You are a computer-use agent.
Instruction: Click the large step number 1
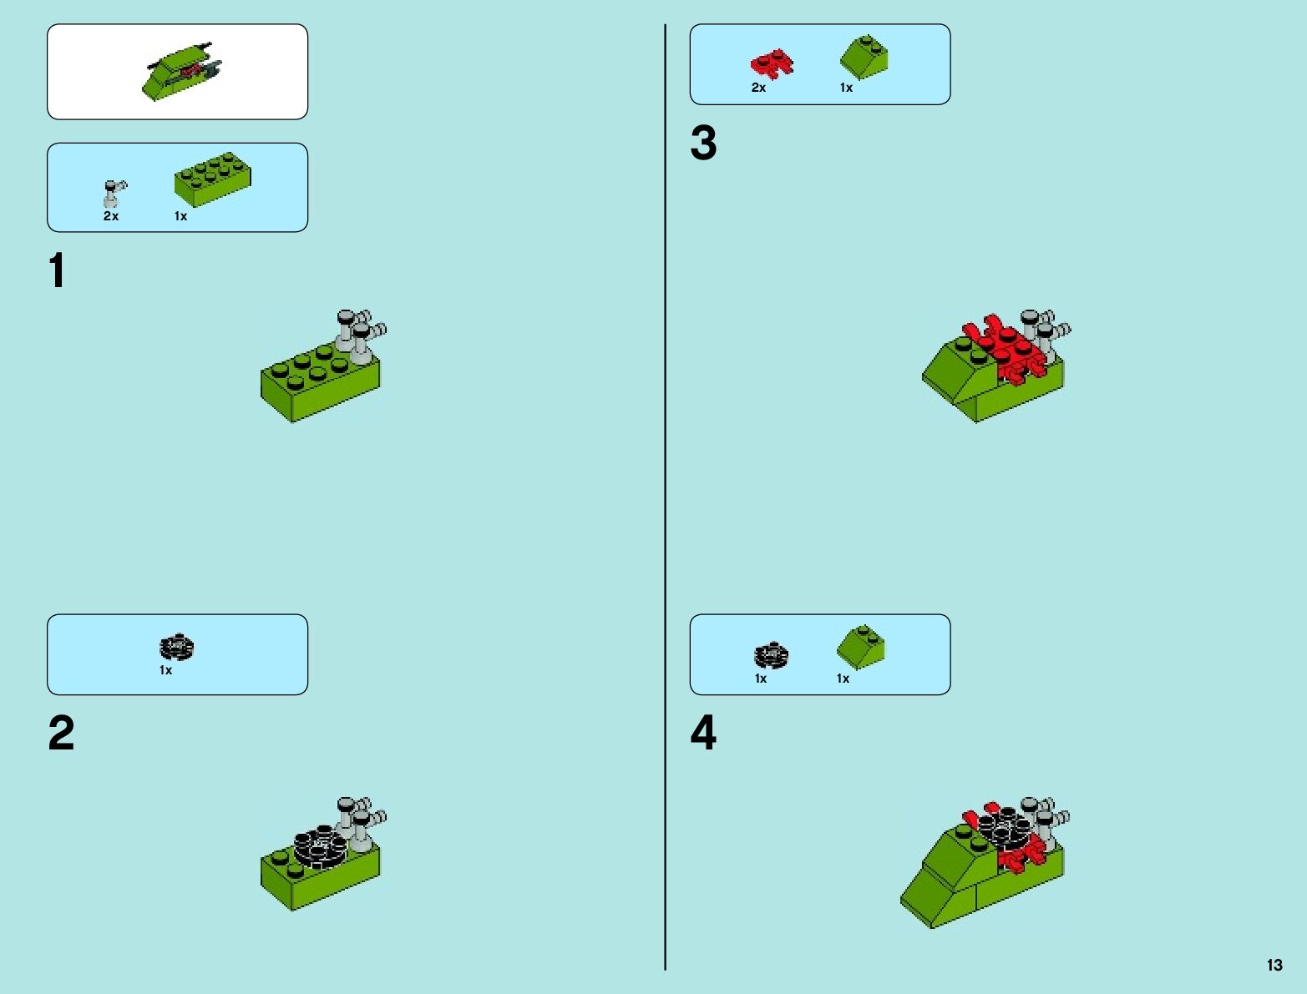(57, 270)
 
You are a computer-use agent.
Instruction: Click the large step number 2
(61, 732)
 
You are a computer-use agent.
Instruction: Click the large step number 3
(703, 143)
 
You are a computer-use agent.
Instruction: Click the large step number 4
(703, 732)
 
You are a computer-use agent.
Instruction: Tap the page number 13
(1274, 965)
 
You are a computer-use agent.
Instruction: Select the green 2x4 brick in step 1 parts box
(213, 179)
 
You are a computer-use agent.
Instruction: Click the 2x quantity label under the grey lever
(111, 216)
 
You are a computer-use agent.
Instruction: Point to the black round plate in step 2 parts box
(177, 647)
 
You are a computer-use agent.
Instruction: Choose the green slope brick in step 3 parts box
(864, 57)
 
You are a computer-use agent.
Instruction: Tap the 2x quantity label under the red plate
(758, 88)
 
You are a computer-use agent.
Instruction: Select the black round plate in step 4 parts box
(771, 655)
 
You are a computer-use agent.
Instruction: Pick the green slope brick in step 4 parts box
(861, 647)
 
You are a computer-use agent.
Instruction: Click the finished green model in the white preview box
(181, 72)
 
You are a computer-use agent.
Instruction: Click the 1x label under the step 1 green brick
(181, 216)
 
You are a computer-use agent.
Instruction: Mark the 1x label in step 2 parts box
(165, 670)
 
